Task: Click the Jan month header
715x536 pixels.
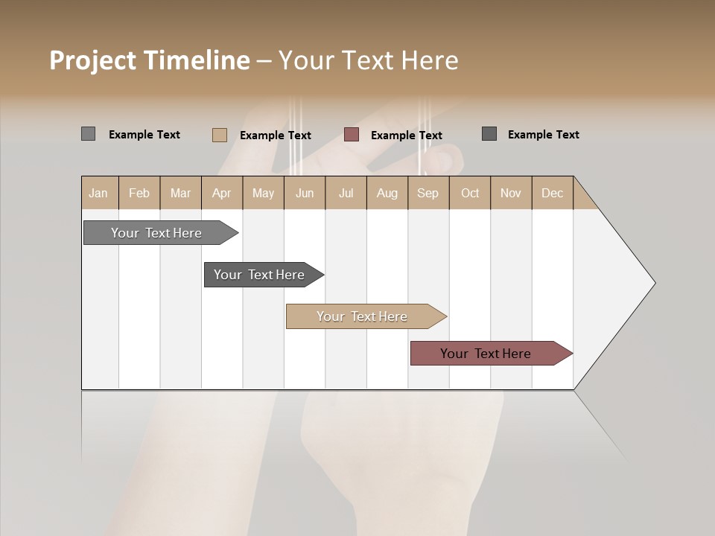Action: pos(99,193)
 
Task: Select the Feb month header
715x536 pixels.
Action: pos(139,193)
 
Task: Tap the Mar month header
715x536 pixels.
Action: pos(180,193)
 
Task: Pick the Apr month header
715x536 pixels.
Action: pos(222,193)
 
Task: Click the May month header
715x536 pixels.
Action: pos(263,193)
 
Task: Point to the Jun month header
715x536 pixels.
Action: pos(305,193)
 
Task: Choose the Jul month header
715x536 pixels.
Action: pos(346,193)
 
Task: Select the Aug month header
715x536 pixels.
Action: pos(387,193)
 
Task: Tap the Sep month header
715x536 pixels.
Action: pos(428,193)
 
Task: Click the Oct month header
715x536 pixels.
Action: pos(470,193)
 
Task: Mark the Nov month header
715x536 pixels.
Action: pos(511,193)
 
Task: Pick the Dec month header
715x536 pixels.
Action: pos(553,193)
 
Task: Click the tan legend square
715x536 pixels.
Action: pos(219,135)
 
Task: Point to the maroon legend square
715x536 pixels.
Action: pos(352,135)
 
